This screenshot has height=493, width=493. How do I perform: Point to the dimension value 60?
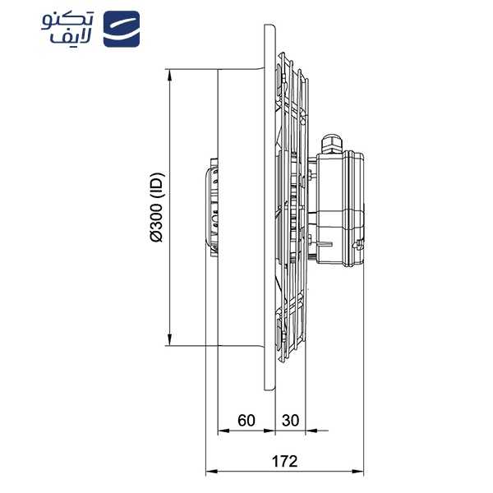coord(246,419)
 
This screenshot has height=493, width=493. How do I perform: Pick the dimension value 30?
coord(290,419)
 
